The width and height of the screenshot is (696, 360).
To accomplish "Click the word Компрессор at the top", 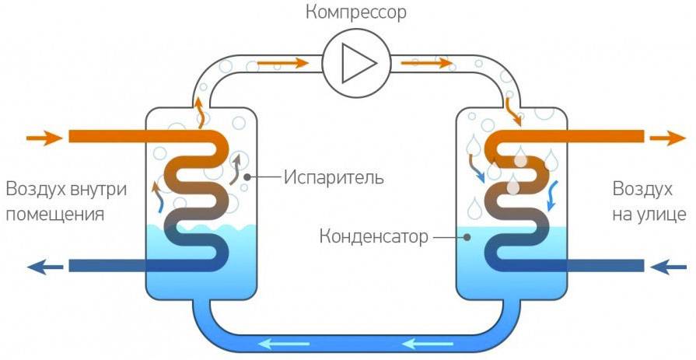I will [355, 12].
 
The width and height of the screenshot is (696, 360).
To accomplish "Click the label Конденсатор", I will [372, 236].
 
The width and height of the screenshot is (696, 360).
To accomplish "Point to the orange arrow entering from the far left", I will [44, 138].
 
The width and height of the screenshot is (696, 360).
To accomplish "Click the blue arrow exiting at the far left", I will [45, 267].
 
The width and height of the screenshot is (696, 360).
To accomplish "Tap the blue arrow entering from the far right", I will [668, 267].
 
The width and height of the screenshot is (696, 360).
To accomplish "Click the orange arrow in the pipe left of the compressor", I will [278, 62].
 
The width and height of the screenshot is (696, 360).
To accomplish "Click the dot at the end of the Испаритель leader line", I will [247, 177].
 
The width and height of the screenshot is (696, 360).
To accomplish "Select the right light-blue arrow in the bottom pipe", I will [425, 341].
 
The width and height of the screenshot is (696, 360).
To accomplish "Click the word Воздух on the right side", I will [642, 190].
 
